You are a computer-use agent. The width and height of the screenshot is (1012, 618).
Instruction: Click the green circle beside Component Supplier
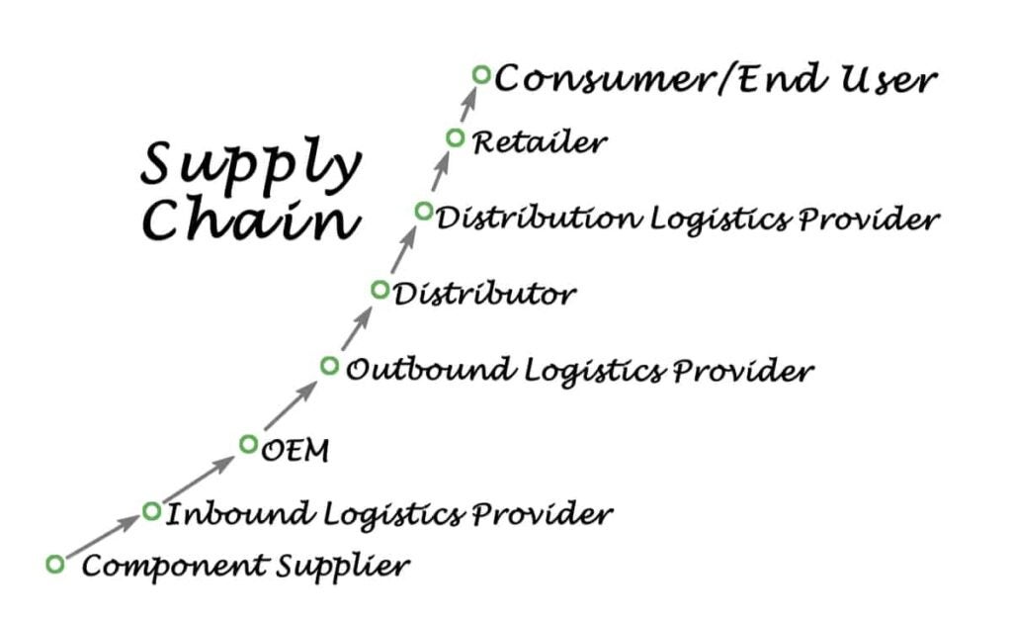[x=55, y=564]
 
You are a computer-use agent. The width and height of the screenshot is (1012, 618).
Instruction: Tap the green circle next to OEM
[x=248, y=444]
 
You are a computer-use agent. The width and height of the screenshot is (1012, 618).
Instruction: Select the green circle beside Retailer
[x=455, y=138]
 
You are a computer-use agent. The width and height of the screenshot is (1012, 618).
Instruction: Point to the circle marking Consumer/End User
[x=481, y=74]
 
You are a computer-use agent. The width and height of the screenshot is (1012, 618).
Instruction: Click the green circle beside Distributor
[x=379, y=290]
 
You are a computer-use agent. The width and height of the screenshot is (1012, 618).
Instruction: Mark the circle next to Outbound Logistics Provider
[x=329, y=366]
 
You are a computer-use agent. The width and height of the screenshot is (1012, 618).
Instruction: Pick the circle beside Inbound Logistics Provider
[x=151, y=511]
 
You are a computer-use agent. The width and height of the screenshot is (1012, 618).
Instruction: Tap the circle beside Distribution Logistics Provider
[x=424, y=211]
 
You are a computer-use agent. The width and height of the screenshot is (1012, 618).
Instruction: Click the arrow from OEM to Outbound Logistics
[x=291, y=404]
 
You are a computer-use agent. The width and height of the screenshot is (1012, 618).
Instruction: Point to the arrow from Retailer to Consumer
[x=467, y=107]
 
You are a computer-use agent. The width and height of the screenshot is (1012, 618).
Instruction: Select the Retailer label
[x=539, y=142]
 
